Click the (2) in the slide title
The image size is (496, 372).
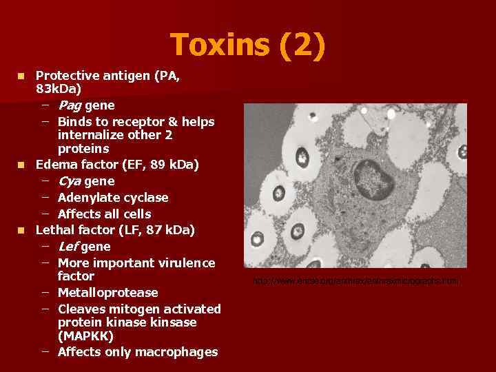point(300,45)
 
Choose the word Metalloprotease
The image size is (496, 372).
point(108,293)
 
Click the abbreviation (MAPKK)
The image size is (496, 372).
point(87,336)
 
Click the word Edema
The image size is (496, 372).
point(56,165)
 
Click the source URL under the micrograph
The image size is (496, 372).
point(355,281)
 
